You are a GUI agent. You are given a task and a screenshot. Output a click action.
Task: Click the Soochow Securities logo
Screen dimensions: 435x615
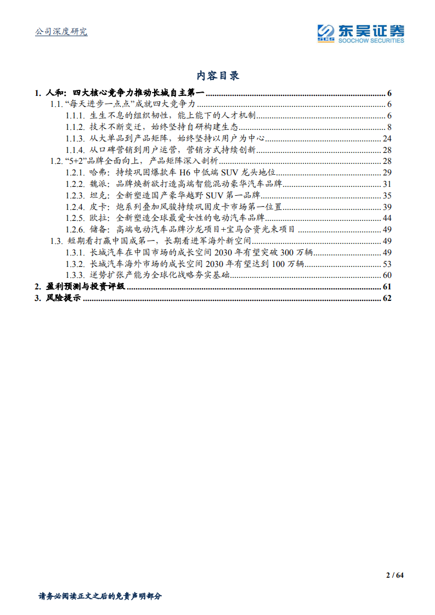[360, 33]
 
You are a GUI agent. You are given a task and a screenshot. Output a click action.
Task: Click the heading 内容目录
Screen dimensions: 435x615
[218, 76]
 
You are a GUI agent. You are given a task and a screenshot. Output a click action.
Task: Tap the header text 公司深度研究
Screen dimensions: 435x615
[61, 32]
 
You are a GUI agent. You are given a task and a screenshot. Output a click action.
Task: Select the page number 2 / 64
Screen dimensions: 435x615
[395, 575]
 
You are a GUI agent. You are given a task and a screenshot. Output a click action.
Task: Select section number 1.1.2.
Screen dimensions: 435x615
[75, 127]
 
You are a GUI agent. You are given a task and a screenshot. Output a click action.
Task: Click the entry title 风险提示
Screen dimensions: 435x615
[63, 298]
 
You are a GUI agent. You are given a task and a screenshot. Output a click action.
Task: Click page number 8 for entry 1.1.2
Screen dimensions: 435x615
[388, 127]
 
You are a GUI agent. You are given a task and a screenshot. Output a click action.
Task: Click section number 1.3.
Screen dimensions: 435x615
[56, 241]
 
